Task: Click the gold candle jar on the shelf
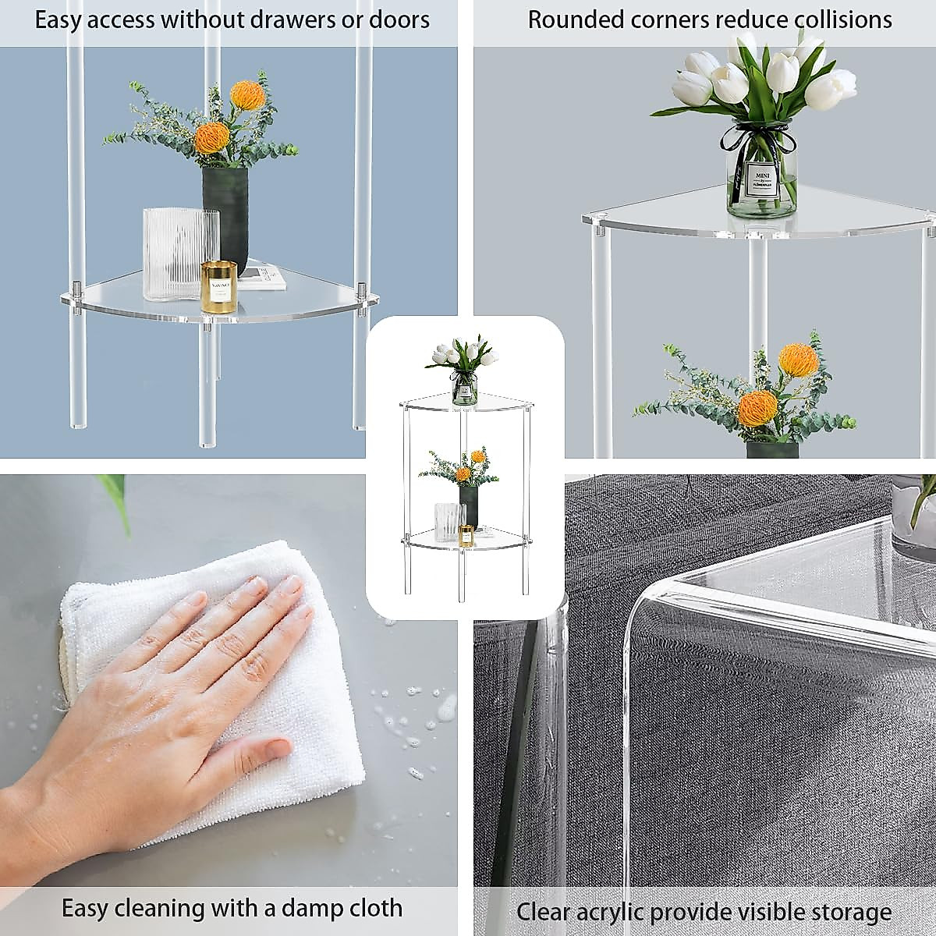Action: (x=218, y=287)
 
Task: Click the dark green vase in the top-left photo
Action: (x=225, y=211)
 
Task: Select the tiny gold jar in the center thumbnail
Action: (x=466, y=536)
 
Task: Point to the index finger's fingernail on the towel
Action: (x=292, y=585)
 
